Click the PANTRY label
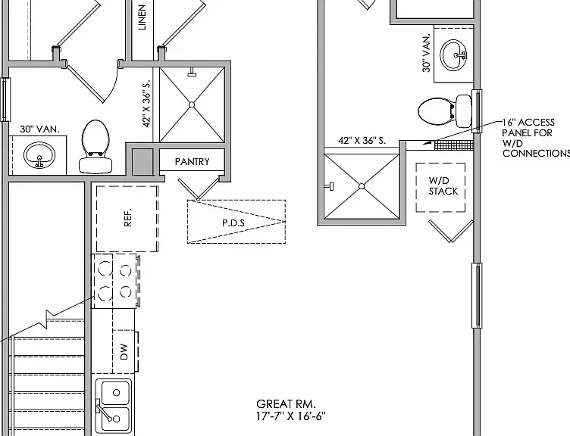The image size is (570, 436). (192, 161)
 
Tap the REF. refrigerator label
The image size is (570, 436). (127, 218)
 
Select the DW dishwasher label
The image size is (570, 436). (124, 352)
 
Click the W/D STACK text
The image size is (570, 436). (443, 186)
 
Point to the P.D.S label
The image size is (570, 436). (233, 223)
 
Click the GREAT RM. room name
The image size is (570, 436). (286, 403)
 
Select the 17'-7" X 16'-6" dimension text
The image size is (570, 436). (291, 416)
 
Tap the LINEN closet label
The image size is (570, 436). (142, 17)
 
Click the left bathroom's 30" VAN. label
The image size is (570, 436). (39, 129)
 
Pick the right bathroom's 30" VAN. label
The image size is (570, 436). (427, 53)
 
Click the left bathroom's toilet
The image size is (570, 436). (96, 147)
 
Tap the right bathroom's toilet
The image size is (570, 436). (445, 111)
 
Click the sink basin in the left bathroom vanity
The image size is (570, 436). (39, 155)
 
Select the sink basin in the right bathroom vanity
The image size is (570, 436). (454, 55)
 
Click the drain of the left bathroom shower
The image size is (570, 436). (192, 104)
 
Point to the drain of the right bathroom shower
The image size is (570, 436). (362, 186)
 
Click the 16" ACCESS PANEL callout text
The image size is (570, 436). (535, 138)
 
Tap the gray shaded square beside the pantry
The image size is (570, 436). (142, 161)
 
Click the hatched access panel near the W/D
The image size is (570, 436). (454, 145)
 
